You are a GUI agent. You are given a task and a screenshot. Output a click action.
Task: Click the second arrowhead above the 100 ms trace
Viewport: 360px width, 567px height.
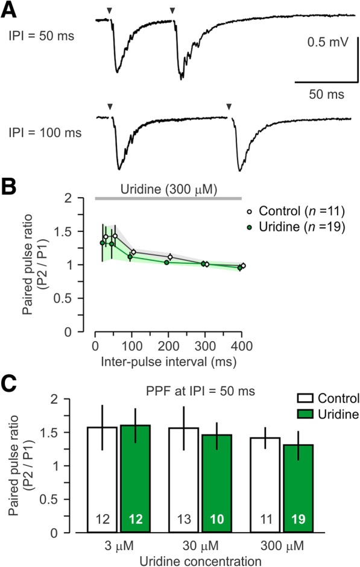click(x=229, y=107)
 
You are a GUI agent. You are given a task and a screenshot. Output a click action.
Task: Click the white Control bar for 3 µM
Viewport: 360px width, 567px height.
click(x=102, y=482)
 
